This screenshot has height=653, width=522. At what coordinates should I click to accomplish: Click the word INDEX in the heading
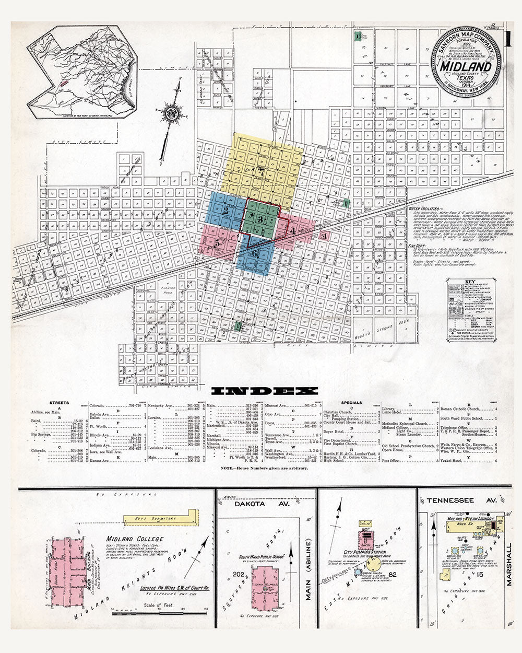coord(265,391)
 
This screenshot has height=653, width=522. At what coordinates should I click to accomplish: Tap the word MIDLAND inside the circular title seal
coord(465,67)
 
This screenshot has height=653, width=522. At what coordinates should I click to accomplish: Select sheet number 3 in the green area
coord(259,220)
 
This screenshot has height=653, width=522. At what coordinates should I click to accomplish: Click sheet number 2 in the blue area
coord(226,212)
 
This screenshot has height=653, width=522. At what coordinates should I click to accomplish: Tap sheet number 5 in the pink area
coord(217,243)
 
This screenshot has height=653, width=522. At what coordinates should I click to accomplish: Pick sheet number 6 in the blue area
coord(254,254)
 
